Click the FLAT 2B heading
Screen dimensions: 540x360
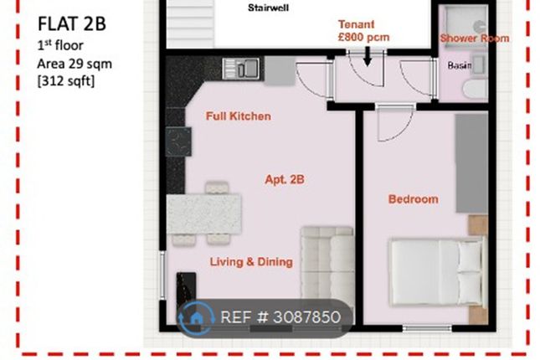click(72, 23)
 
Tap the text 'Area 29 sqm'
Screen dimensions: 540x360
click(75, 64)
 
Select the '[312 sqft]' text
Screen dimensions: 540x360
click(66, 82)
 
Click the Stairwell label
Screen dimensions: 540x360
click(268, 8)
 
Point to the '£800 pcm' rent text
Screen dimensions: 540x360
click(363, 37)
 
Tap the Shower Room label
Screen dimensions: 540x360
click(475, 39)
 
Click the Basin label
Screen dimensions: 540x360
click(460, 65)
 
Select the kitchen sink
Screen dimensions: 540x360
click(241, 68)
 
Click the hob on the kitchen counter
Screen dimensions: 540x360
click(178, 141)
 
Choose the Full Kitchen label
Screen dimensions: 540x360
click(239, 116)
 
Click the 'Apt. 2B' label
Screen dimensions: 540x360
click(285, 179)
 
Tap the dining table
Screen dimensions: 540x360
click(204, 214)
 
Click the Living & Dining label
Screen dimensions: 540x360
click(251, 262)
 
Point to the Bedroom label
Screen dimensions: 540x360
click(414, 199)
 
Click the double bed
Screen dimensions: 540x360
click(437, 272)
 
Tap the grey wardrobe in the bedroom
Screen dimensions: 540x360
click(471, 163)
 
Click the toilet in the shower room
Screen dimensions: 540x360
click(476, 90)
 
